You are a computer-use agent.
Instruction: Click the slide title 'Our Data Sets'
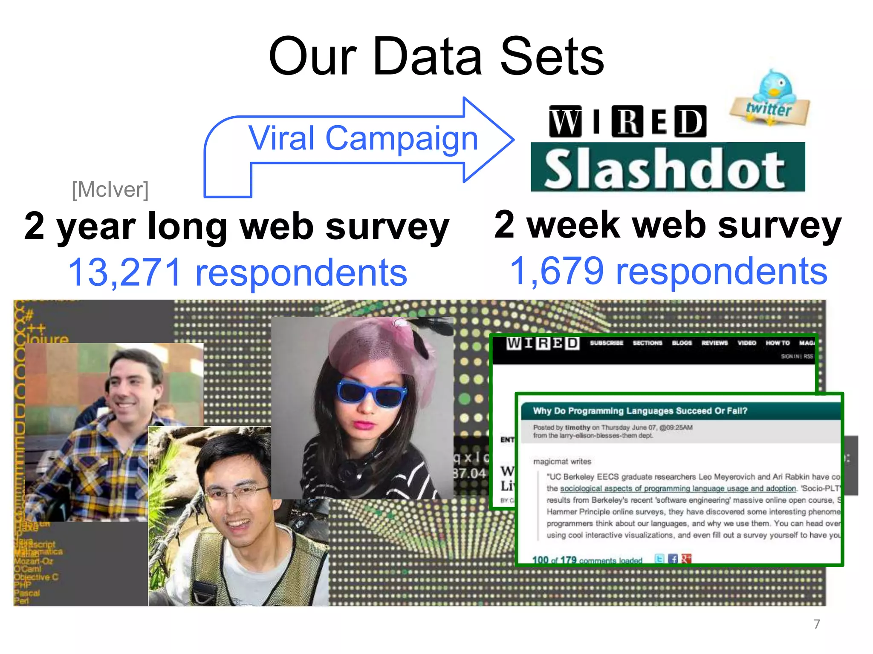pyautogui.click(x=436, y=56)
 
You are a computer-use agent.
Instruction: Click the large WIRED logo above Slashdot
pyautogui.click(x=627, y=121)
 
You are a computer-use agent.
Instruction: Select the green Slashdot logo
pyautogui.click(x=667, y=168)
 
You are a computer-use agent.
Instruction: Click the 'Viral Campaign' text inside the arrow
pyautogui.click(x=363, y=138)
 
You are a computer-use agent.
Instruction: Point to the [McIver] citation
pyautogui.click(x=110, y=189)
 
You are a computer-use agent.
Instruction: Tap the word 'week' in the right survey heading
pyautogui.click(x=573, y=225)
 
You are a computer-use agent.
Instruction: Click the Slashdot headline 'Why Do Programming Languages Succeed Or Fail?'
pyautogui.click(x=640, y=411)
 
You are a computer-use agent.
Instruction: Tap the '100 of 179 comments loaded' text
pyautogui.click(x=587, y=560)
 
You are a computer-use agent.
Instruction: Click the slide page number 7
pyautogui.click(x=816, y=624)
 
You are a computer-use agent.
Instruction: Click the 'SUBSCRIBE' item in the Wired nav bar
pyautogui.click(x=606, y=343)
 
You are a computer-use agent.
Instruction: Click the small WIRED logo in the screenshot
pyautogui.click(x=543, y=343)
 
